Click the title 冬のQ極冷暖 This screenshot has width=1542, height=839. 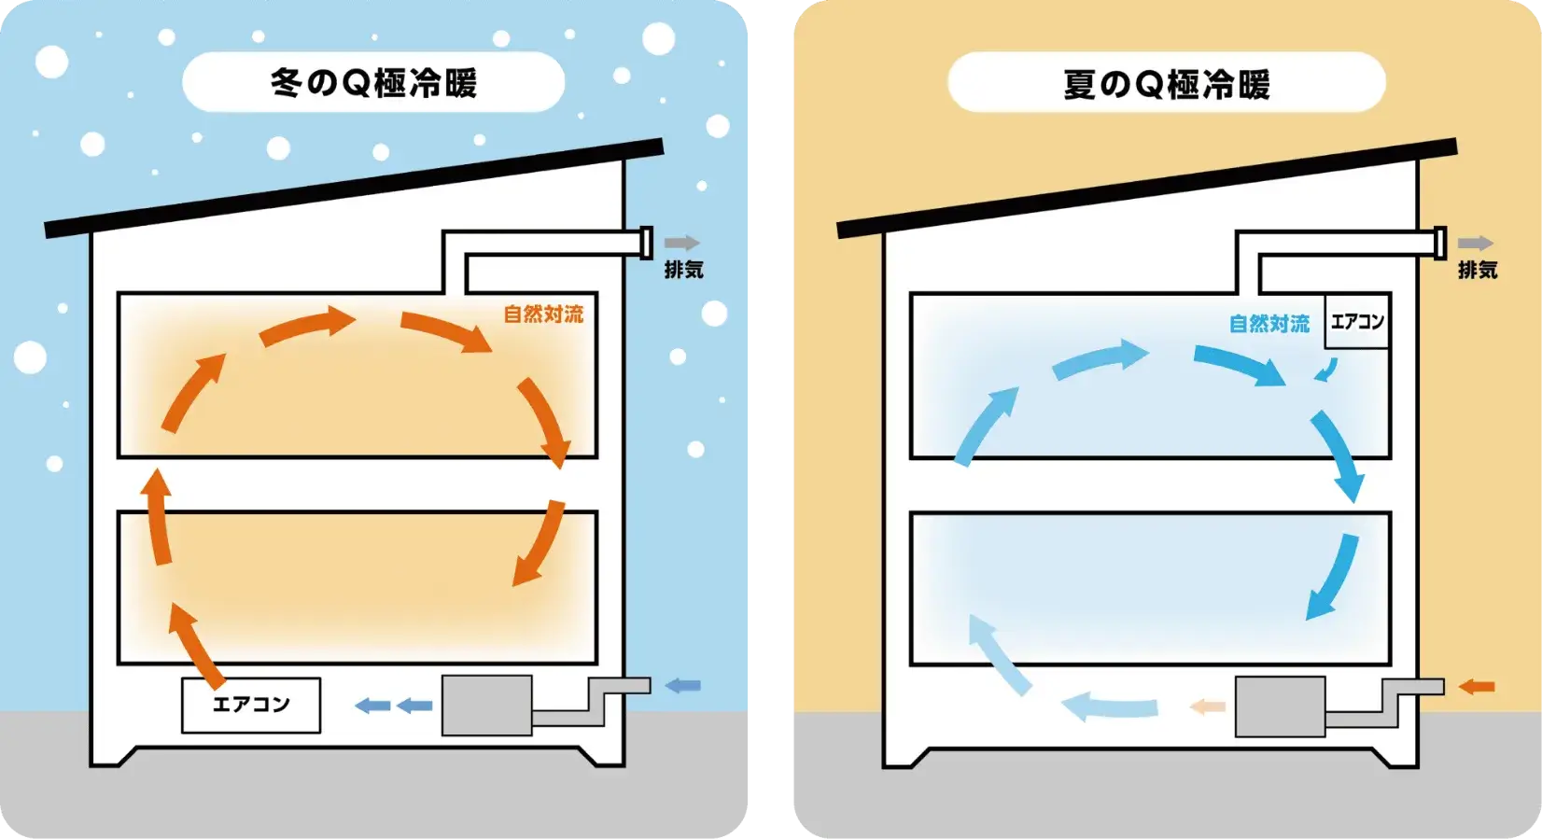point(373,83)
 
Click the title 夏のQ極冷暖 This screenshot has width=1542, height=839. point(1167,84)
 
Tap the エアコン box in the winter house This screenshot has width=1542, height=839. point(251,705)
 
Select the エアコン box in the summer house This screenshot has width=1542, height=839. point(1357,322)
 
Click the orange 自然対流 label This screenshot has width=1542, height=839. point(543,315)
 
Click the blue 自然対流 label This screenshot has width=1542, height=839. point(1269,324)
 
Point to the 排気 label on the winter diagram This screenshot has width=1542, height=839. point(683,270)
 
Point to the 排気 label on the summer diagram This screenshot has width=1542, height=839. point(1478,270)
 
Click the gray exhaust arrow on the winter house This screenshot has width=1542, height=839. point(681,243)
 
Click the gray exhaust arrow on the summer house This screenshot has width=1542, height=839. point(1476,243)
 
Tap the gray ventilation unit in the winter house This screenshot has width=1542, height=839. point(486,706)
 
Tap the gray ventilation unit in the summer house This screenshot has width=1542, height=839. point(1280,706)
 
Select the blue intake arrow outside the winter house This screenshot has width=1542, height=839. point(682,686)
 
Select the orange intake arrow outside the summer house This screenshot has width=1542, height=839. point(1477,687)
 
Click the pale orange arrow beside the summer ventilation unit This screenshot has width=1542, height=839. point(1207,706)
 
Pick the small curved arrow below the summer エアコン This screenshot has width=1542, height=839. point(1325,371)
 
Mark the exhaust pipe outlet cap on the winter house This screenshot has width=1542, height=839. point(645,243)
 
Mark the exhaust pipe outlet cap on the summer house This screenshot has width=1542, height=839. point(1439,243)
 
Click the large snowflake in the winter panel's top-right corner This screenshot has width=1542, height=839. point(659,38)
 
